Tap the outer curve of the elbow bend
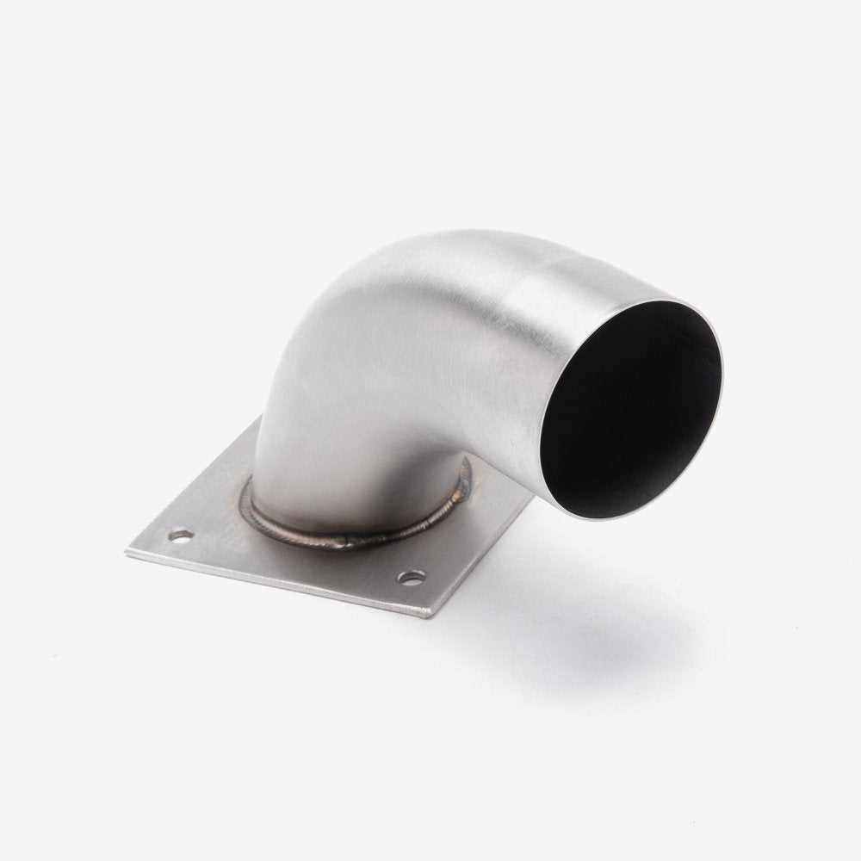(x=362, y=276)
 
